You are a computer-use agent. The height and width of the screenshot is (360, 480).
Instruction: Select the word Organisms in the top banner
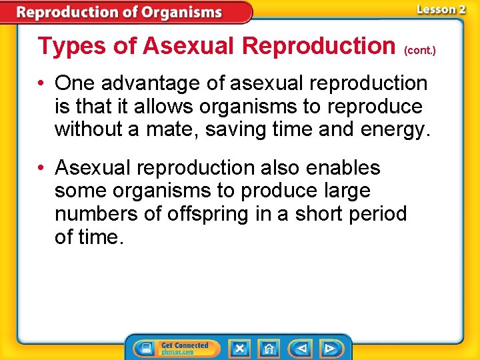(x=177, y=12)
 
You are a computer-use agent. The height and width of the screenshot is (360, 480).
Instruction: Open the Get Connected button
(x=173, y=348)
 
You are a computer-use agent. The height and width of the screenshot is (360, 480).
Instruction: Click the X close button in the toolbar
(x=239, y=348)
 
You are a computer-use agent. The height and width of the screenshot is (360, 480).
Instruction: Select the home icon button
(x=269, y=348)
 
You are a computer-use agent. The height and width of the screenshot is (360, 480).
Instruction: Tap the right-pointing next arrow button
(x=329, y=348)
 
